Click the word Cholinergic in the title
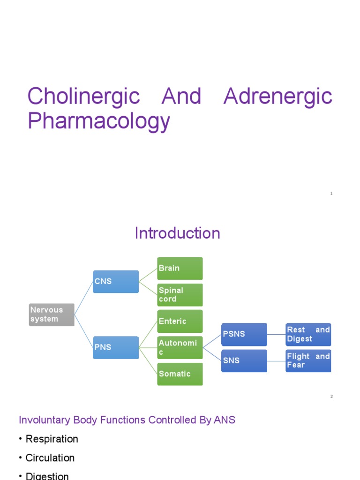(x=83, y=97)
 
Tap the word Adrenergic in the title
(x=278, y=97)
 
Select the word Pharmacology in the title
(x=98, y=121)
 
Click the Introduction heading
(x=177, y=233)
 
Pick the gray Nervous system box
(x=52, y=315)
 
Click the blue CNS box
(x=115, y=282)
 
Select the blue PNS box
(x=115, y=347)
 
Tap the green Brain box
(x=180, y=268)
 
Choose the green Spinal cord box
(x=180, y=295)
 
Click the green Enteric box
(x=180, y=321)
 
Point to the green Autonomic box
(x=180, y=347)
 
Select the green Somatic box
(x=180, y=374)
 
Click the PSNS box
(x=244, y=334)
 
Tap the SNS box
(x=244, y=360)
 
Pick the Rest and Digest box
(x=308, y=334)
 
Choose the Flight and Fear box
(x=308, y=360)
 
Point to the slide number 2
(x=331, y=397)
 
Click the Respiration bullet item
(x=52, y=439)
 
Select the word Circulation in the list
(x=50, y=458)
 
